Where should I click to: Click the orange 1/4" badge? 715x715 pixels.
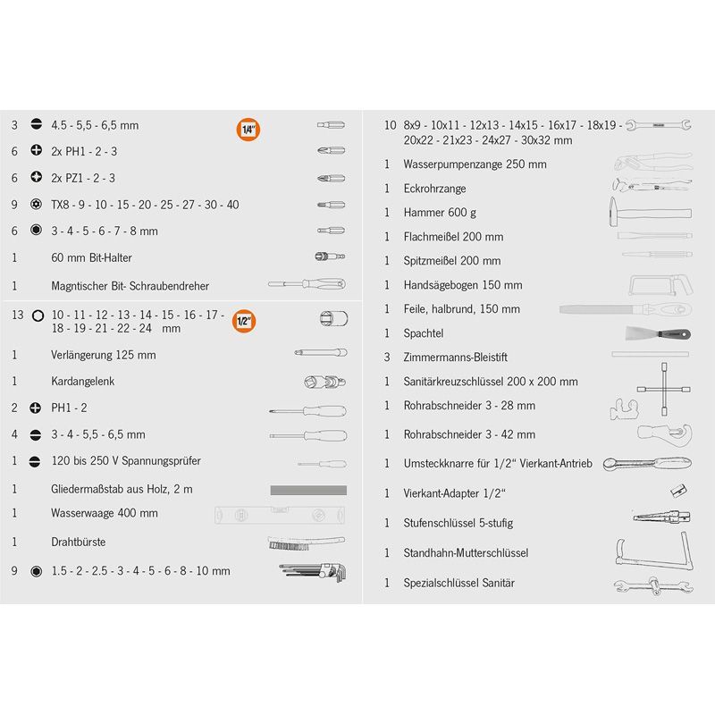pyautogui.click(x=248, y=130)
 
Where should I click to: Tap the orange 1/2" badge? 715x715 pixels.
pyautogui.click(x=244, y=321)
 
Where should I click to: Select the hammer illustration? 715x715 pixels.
pyautogui.click(x=651, y=212)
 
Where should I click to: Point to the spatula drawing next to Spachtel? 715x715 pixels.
pyautogui.click(x=659, y=333)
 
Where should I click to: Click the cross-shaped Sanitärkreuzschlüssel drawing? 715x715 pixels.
pyautogui.click(x=664, y=389)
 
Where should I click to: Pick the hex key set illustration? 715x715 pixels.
pyautogui.click(x=313, y=572)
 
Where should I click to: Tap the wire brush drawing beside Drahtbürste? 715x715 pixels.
pyautogui.click(x=307, y=543)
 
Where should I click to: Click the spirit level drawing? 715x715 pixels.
pyautogui.click(x=280, y=515)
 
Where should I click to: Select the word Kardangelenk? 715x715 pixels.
pyautogui.click(x=82, y=382)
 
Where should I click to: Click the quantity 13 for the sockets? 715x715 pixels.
pyautogui.click(x=18, y=315)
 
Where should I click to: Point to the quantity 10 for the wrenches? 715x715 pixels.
pyautogui.click(x=391, y=125)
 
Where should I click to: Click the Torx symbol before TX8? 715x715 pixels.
pyautogui.click(x=36, y=204)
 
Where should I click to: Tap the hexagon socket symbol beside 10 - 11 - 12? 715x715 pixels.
pyautogui.click(x=38, y=315)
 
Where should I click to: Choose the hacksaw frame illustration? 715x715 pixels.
pyautogui.click(x=660, y=285)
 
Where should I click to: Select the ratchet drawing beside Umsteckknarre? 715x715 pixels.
pyautogui.click(x=647, y=464)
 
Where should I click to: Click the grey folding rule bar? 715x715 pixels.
pyautogui.click(x=308, y=490)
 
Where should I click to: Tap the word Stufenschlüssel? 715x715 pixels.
pyautogui.click(x=438, y=523)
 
